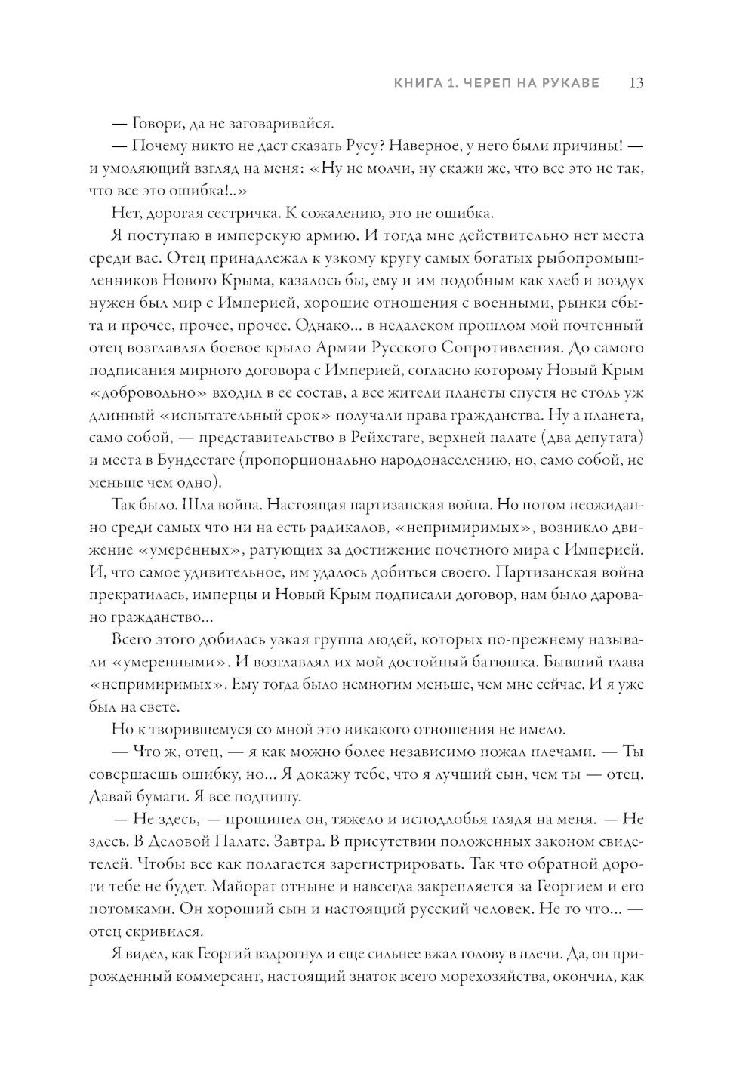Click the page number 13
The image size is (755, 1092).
tap(636, 83)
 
